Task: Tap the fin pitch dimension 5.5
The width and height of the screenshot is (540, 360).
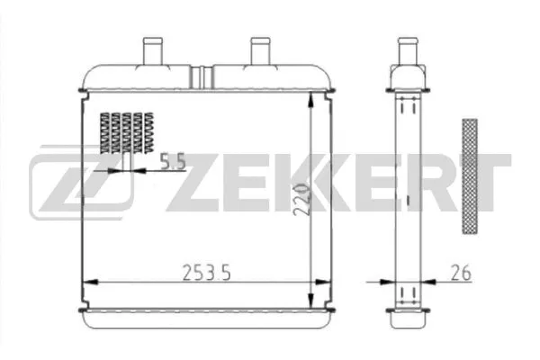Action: pos(172,162)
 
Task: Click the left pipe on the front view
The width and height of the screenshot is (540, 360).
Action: pos(149,50)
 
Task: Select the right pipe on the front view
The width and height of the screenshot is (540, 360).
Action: pos(260,50)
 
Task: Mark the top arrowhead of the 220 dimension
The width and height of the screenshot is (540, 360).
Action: pos(311,99)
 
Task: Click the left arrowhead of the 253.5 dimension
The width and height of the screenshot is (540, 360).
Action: pos(87,283)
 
